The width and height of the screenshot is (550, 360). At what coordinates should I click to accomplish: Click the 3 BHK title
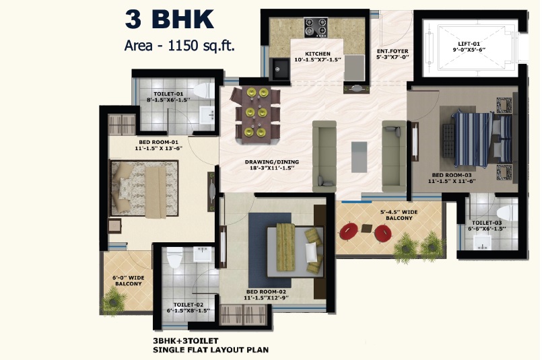(x=170, y=19)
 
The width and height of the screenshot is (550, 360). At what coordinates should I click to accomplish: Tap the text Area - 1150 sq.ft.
(x=179, y=46)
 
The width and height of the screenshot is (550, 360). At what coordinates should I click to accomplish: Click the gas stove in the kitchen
(x=316, y=28)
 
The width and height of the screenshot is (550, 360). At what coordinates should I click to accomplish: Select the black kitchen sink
(x=280, y=69)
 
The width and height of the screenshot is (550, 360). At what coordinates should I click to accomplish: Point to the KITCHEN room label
(x=318, y=54)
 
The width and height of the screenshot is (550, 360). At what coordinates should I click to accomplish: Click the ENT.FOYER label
(x=392, y=51)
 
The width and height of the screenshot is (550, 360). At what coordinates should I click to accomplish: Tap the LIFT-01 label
(x=469, y=44)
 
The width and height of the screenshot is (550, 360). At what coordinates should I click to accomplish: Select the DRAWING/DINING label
(x=272, y=162)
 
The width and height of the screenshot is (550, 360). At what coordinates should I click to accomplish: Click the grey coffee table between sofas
(x=359, y=157)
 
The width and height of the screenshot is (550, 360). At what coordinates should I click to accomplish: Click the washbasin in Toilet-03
(x=482, y=242)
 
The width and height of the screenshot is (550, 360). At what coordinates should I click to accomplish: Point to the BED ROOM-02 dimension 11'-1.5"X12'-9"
(x=266, y=298)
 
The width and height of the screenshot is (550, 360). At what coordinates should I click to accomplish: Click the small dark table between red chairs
(x=366, y=228)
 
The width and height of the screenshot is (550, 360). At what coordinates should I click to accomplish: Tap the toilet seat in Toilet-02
(x=174, y=258)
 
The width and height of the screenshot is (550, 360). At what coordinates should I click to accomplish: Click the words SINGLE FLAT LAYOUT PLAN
(x=211, y=350)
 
